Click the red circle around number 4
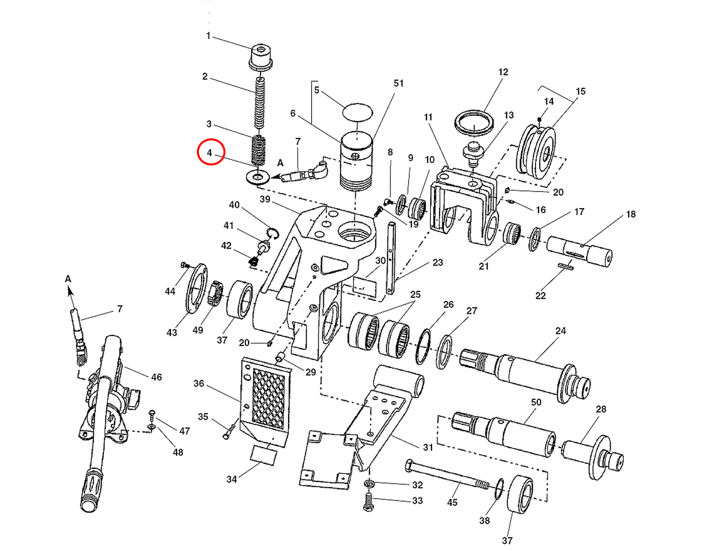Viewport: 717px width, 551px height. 210,152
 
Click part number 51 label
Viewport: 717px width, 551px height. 398,83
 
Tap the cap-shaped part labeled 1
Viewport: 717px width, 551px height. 261,57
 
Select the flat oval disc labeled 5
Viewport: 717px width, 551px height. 357,112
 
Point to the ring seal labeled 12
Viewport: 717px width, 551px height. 474,122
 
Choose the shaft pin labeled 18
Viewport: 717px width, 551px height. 579,250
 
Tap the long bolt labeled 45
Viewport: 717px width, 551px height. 446,476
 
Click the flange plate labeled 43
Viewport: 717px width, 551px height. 197,288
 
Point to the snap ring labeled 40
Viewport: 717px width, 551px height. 272,233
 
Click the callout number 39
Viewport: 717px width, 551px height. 265,199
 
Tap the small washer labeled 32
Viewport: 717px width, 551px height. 370,484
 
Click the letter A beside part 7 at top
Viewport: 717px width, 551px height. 280,163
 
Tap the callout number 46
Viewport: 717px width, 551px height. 156,377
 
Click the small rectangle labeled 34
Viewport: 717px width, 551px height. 264,455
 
